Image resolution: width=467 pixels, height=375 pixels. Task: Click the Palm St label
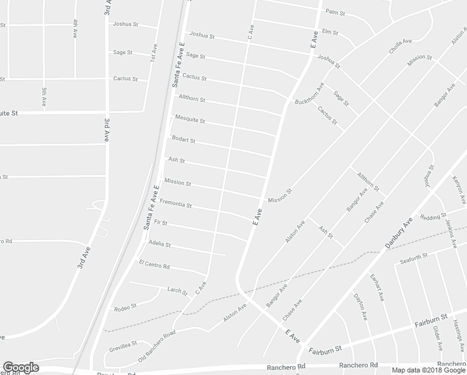click(x=335, y=12)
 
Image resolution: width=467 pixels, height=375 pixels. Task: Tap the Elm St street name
click(x=331, y=32)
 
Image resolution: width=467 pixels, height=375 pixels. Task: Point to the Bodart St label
click(x=184, y=140)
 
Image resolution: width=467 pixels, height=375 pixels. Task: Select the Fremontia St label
click(x=175, y=204)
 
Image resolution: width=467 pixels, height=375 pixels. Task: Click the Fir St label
click(x=160, y=222)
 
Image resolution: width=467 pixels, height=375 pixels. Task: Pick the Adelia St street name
click(x=160, y=244)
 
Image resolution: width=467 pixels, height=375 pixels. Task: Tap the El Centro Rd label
click(x=154, y=266)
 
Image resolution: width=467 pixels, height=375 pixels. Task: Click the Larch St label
click(x=177, y=289)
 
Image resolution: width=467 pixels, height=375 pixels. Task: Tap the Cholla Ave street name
click(x=400, y=46)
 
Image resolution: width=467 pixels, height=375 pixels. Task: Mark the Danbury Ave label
click(x=399, y=234)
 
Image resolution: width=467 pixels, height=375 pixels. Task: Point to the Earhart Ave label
click(x=376, y=288)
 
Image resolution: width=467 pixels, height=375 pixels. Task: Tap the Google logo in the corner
click(x=21, y=367)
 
